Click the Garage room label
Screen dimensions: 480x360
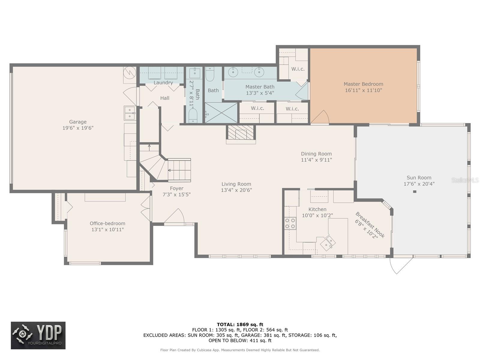tap(78, 122)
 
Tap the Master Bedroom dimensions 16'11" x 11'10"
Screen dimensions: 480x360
tap(363, 90)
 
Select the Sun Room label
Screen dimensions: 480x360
tap(419, 178)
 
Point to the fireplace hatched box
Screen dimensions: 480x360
tap(241, 132)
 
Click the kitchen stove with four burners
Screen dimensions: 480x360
tap(290, 223)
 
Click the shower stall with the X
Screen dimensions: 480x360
tap(221, 113)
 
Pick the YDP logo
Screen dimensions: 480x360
tap(38, 335)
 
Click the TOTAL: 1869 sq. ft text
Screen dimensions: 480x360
tap(240, 324)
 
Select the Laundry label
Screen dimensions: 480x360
tap(163, 82)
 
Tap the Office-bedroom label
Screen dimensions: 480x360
tap(107, 223)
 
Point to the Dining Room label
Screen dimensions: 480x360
tap(316, 154)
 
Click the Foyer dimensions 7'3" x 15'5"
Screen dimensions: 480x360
tap(176, 194)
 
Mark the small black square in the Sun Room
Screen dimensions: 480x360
tap(415, 192)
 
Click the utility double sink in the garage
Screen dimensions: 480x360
tap(130, 113)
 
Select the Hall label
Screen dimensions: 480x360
tap(165, 98)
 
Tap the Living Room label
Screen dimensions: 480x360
tap(236, 184)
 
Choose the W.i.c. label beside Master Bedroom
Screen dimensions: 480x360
tap(298, 69)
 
